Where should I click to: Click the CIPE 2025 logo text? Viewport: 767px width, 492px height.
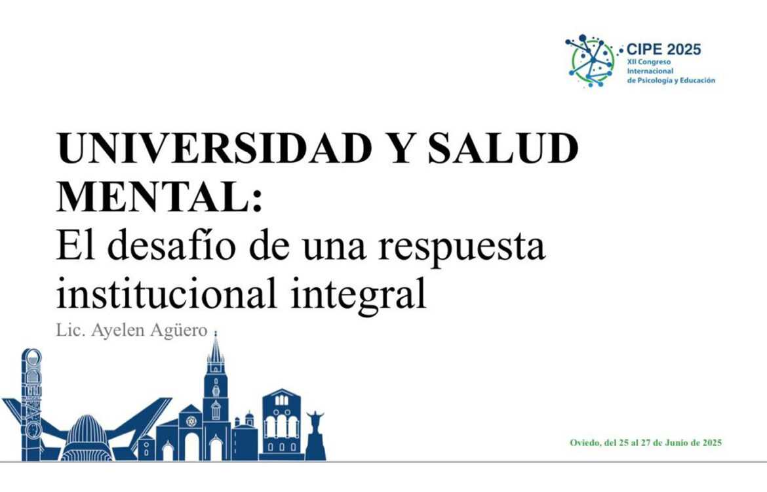click(663, 49)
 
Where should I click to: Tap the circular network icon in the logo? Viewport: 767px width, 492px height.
click(590, 60)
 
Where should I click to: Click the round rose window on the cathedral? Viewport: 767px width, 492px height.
click(191, 420)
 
